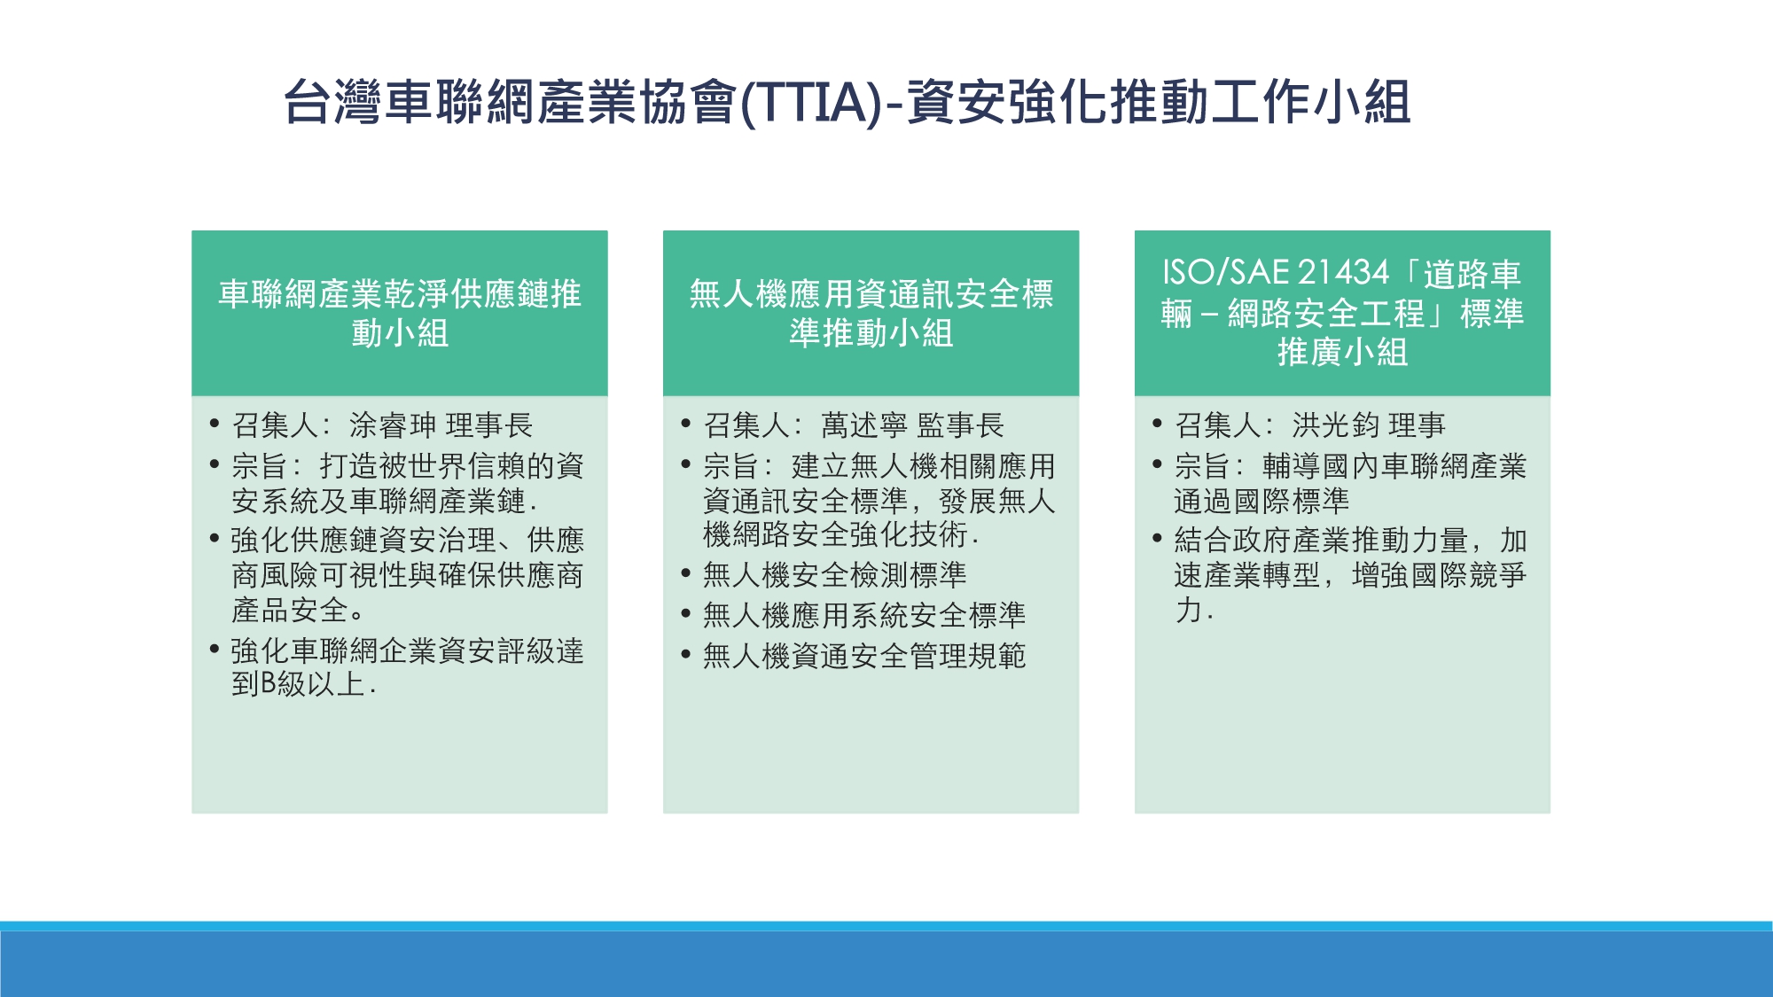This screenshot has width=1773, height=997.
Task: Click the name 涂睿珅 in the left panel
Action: (393, 425)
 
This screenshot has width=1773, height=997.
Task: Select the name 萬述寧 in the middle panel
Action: (864, 425)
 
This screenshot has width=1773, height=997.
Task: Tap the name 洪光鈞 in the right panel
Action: (1336, 425)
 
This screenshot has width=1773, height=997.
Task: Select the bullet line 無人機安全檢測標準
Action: (834, 575)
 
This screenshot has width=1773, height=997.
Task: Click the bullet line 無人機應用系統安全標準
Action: (864, 615)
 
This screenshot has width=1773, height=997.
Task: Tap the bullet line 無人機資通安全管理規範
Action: (864, 656)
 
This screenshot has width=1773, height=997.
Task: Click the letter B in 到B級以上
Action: (269, 684)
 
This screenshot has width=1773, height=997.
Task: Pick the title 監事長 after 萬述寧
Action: (960, 425)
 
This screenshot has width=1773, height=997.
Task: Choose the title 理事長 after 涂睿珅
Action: (488, 425)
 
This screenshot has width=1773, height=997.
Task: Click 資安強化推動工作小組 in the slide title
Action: (1158, 103)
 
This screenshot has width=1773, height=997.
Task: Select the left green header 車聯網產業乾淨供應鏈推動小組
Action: (400, 314)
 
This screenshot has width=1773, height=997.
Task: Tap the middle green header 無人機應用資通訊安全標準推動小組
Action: (871, 314)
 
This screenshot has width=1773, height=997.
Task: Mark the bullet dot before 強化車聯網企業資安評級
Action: (215, 649)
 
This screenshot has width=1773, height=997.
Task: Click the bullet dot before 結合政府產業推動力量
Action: (1158, 538)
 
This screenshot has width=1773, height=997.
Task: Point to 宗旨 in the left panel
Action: (261, 466)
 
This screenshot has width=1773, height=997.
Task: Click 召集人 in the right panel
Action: (1218, 425)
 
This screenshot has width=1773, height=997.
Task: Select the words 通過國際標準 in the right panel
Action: (1261, 502)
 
